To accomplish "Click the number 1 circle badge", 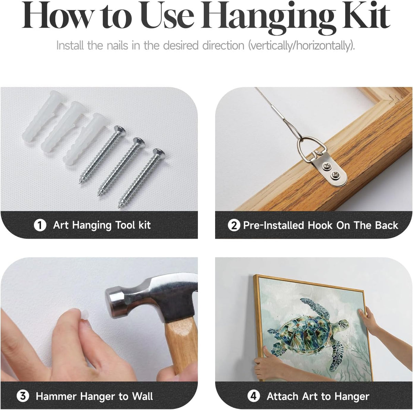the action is click(40, 225).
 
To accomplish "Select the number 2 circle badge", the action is click(234, 225).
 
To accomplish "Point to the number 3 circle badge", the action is click(23, 396).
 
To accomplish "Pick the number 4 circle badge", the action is click(254, 396).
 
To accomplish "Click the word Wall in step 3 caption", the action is click(142, 396).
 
